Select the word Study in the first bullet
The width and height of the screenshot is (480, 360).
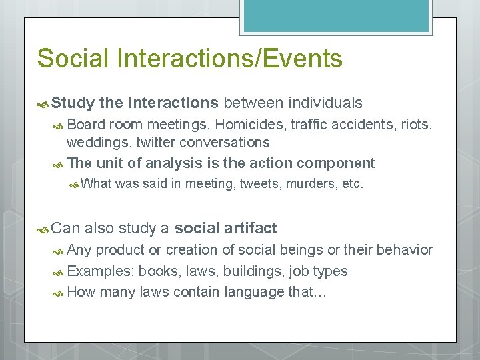point(73,103)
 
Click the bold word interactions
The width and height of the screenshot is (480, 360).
point(173,103)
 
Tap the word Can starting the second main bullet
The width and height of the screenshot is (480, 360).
point(65,229)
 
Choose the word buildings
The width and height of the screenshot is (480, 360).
point(253,271)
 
